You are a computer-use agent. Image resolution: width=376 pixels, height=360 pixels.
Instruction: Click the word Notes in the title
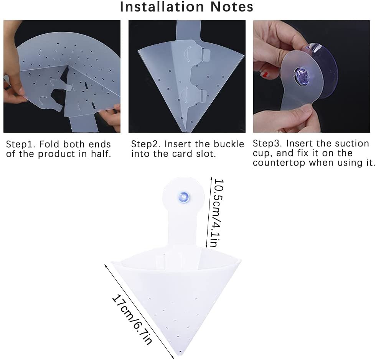pyautogui.click(x=232, y=7)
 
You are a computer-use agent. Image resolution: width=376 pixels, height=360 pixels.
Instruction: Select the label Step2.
pyautogui.click(x=146, y=145)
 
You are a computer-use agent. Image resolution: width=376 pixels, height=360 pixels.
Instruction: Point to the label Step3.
pyautogui.click(x=267, y=143)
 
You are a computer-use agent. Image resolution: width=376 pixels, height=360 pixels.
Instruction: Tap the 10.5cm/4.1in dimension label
pyautogui.click(x=217, y=213)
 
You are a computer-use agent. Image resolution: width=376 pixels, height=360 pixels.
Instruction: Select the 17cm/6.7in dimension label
pyautogui.click(x=132, y=320)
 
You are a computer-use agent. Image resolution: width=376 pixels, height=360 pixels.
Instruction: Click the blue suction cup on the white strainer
pyautogui.click(x=184, y=197)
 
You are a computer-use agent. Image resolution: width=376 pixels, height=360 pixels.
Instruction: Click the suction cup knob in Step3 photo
pyautogui.click(x=301, y=74)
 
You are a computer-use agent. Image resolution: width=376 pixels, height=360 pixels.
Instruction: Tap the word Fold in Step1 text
pyautogui.click(x=49, y=144)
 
